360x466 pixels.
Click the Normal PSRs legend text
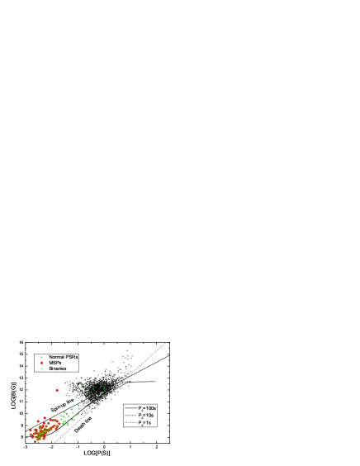64,357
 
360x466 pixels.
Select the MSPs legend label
54,363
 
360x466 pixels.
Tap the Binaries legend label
57,368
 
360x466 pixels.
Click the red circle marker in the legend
41,363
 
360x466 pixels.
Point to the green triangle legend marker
41,368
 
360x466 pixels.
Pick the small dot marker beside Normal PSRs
41,357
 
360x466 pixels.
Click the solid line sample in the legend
130,408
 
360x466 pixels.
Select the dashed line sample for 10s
130,415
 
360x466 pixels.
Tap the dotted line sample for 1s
130,422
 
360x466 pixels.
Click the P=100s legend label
147,408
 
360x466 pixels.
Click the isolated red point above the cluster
57,390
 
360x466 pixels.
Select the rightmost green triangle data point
116,387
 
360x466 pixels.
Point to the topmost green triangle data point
97,383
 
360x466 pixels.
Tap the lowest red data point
36,441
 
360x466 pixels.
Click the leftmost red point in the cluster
31,431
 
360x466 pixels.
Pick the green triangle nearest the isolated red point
69,394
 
